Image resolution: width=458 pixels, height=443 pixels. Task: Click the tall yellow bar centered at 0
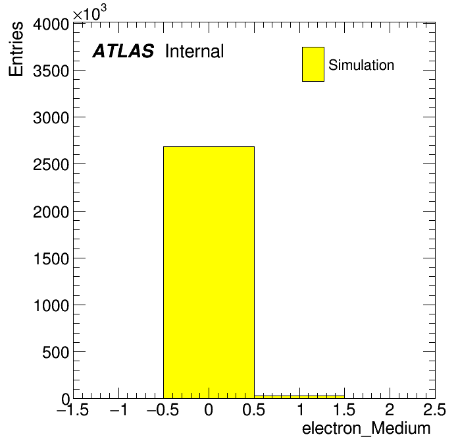coord(209,272)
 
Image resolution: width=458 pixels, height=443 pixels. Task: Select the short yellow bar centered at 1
coord(299,397)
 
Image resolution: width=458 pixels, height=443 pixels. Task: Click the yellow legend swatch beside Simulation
coord(313,64)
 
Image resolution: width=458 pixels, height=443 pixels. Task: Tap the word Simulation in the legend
coord(361,65)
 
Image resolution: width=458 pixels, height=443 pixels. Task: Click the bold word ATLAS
coord(123,51)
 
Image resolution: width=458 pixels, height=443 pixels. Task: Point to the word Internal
coord(195,51)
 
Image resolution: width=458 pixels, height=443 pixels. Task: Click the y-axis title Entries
coord(16,49)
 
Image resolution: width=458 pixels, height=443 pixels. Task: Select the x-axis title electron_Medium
coord(367,428)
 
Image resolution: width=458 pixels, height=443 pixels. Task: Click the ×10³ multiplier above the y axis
coord(89,13)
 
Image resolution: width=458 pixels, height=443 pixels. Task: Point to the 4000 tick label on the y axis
coord(51,24)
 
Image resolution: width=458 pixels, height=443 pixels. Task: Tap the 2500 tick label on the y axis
coord(51,165)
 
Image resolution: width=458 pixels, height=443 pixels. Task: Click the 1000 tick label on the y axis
coord(51,306)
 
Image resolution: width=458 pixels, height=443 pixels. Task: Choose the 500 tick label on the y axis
coord(56,353)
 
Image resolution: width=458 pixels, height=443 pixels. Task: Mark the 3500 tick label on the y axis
coord(51,71)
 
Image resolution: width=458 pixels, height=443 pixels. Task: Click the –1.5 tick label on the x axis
coord(72,410)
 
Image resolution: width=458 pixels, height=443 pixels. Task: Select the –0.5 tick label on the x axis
coord(163,410)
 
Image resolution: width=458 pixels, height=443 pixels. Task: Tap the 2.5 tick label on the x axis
coord(434,410)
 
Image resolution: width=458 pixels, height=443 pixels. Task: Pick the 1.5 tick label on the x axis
coord(344,410)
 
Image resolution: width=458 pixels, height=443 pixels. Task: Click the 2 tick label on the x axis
coord(390,410)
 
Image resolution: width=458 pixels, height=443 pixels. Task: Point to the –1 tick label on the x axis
coord(118,410)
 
